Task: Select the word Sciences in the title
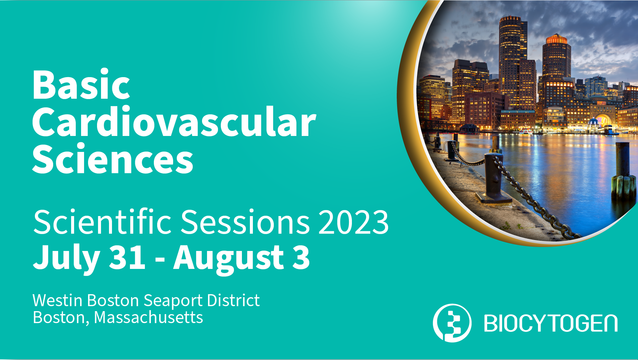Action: [113, 158]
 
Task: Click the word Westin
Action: [57, 300]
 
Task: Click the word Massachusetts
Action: [148, 317]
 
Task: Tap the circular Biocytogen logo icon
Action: [452, 323]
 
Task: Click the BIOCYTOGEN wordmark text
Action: [551, 323]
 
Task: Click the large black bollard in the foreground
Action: [494, 178]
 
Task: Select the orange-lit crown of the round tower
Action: [556, 39]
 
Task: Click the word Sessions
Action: [245, 222]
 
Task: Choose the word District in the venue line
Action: [233, 300]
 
